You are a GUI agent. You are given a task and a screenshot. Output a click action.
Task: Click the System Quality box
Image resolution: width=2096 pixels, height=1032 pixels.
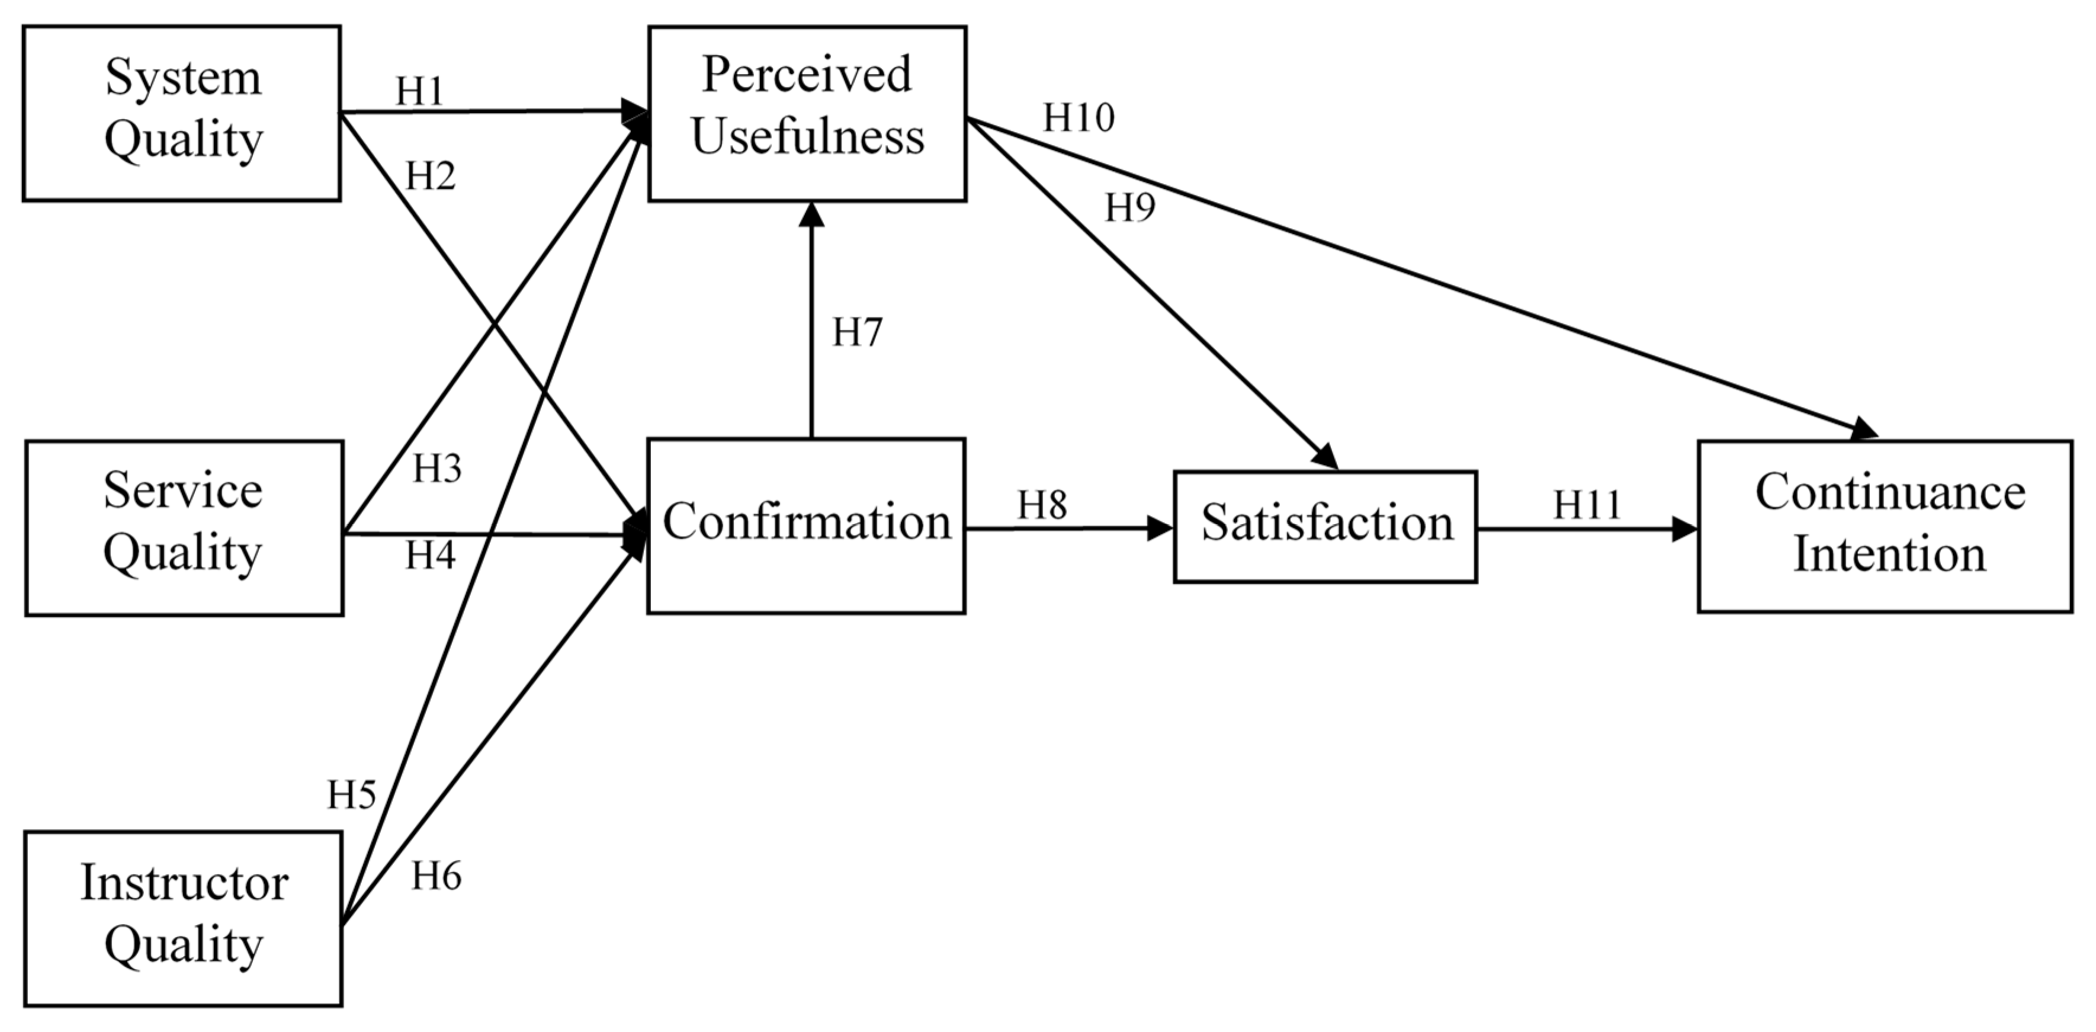pos(181,113)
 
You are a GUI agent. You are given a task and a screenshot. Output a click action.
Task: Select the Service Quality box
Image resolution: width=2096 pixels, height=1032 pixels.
pos(184,527)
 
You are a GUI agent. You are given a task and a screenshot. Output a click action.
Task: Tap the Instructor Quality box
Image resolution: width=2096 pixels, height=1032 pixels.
pos(183,919)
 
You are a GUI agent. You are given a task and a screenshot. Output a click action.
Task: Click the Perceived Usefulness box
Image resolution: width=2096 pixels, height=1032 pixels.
pos(807,113)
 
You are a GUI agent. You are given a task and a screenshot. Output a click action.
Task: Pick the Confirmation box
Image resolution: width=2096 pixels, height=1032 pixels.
pos(805,525)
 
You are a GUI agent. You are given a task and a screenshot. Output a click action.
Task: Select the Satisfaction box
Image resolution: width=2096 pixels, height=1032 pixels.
pos(1325,525)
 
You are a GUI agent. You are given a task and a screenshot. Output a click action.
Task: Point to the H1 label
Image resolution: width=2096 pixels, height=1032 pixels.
pos(420,91)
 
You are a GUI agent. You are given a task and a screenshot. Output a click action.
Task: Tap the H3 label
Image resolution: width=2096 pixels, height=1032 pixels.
pos(437,469)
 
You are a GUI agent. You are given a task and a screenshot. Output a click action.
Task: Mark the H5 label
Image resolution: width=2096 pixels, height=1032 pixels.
pos(351,794)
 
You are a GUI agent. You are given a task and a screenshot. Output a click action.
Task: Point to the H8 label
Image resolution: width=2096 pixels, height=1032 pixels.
pos(1042,505)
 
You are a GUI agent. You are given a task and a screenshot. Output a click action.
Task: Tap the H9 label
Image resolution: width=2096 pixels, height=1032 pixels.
pos(1129,209)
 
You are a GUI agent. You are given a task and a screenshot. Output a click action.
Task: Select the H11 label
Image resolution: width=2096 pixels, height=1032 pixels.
pos(1587,505)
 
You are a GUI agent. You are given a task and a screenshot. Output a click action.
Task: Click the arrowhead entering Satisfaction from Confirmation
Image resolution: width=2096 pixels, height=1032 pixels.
pos(1160,528)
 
